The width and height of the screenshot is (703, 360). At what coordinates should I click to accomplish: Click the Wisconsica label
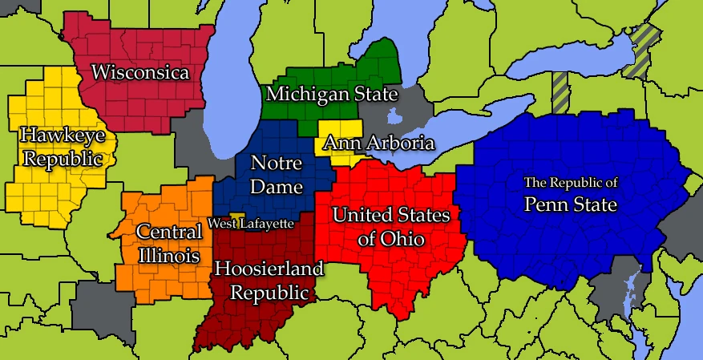coord(140,72)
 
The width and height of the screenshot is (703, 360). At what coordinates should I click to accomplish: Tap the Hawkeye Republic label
coord(62,146)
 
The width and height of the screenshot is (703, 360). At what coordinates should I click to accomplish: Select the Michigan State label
coord(332,95)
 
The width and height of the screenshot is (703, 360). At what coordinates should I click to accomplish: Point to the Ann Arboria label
coord(378,144)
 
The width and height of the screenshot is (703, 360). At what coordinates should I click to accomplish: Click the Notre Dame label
coord(277,176)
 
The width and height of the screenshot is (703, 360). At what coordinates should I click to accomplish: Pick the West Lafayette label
coord(251,223)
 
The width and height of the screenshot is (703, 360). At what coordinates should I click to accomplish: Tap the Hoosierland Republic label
coord(269,280)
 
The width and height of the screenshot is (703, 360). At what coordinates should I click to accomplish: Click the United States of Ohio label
coord(391,226)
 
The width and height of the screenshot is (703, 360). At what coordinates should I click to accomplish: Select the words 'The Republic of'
coord(570,182)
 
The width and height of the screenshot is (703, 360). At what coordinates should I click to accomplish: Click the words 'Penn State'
coord(570,204)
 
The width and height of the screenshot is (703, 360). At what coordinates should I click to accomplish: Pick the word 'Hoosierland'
coord(269,269)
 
